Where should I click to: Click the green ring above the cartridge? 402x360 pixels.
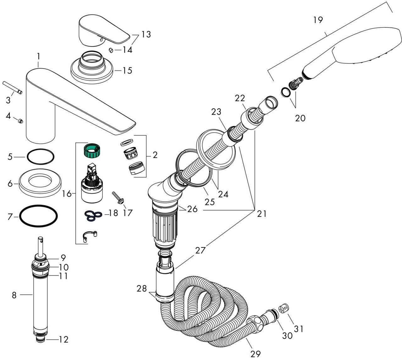coord(91,151)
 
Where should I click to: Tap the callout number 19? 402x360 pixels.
coord(318,20)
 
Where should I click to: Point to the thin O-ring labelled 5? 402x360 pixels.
coord(41,157)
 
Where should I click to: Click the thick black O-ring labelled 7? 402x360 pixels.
coord(38,216)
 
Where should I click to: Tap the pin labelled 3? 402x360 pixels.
coord(12,87)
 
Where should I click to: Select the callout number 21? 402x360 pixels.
coord(262,214)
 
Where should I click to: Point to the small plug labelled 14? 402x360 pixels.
coord(111,50)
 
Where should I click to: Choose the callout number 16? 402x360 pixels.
coord(67,193)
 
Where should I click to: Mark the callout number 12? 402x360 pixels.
coord(64,340)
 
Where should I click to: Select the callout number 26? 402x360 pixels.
coord(192,209)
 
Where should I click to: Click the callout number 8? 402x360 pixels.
coord(14,295)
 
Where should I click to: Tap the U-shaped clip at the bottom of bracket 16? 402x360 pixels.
coord(90,236)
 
